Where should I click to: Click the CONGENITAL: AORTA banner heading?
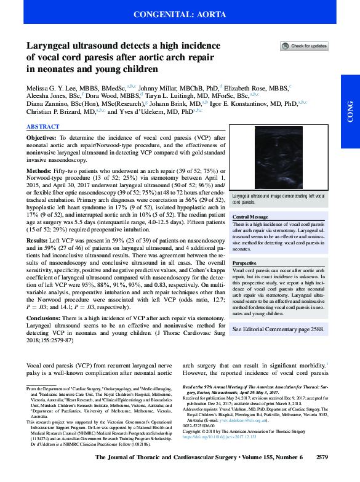tap(180, 13)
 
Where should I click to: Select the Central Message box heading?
tap(250, 217)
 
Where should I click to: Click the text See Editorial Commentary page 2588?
tap(278, 329)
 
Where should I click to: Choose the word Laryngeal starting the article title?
tap(50, 46)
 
